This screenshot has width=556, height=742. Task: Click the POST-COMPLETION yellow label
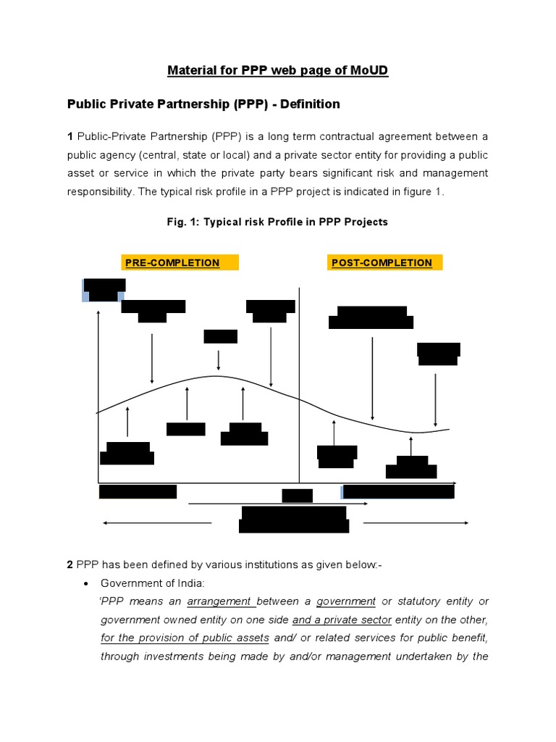[382, 263]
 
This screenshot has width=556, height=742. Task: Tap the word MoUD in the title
[367, 71]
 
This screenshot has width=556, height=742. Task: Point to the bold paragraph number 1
[70, 136]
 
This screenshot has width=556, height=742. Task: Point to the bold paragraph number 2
[70, 564]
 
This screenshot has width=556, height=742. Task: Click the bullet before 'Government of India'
[87, 583]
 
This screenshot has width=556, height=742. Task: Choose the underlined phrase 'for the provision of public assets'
[185, 638]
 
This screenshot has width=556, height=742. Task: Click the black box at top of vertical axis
[104, 288]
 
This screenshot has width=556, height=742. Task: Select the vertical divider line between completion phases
[299, 384]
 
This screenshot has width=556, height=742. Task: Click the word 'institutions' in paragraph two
[271, 564]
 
